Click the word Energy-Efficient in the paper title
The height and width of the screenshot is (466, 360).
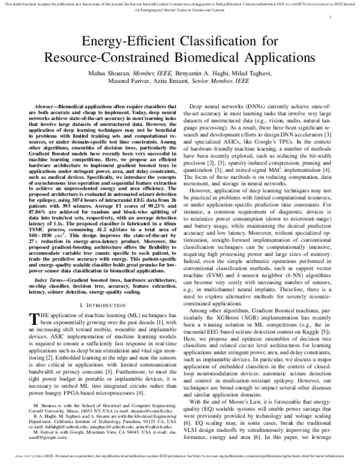[x=120, y=42]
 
